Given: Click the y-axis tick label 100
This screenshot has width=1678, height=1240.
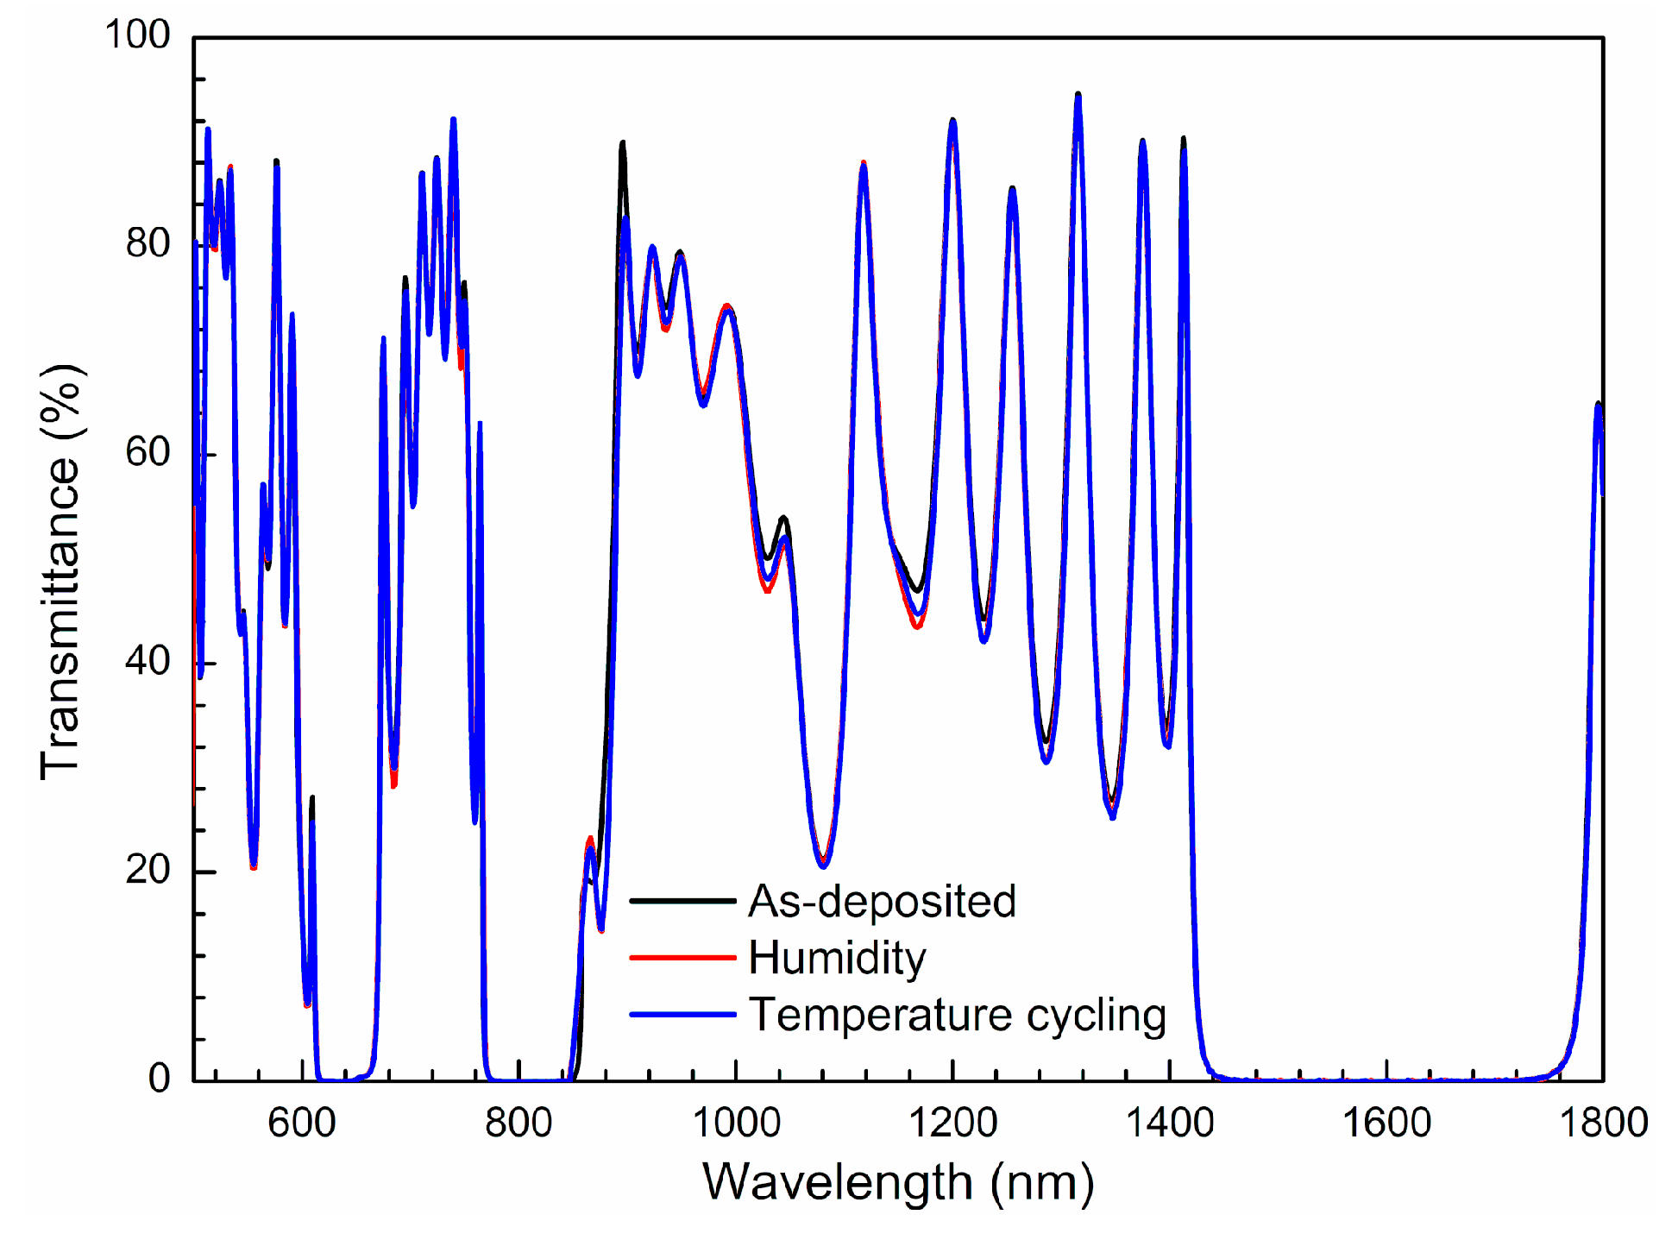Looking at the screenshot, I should click(137, 35).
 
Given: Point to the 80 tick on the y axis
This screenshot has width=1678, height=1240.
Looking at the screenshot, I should click(148, 243).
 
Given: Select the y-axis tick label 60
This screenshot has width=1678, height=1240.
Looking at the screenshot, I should click(148, 452).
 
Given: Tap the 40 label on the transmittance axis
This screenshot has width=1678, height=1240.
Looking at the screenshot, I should click(148, 661).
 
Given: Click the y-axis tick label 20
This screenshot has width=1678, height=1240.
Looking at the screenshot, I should click(148, 870).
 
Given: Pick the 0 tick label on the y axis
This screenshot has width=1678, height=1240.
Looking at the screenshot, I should click(160, 1078).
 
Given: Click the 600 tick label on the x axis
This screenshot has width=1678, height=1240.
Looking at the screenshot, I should click(302, 1124).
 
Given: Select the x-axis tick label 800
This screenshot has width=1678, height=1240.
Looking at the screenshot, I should click(518, 1124).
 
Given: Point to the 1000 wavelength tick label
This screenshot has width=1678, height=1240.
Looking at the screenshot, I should click(736, 1124).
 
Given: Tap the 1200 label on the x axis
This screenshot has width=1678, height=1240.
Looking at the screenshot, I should click(952, 1124).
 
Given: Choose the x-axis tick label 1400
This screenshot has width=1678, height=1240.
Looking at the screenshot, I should click(1170, 1124).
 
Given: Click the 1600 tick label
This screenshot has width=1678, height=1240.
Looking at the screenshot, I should click(1386, 1124).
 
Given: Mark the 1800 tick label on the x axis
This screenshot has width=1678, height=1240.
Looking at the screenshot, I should click(1603, 1124).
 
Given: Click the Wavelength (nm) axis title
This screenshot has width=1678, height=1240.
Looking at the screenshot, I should click(898, 1182).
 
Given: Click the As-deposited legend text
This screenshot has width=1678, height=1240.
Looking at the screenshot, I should click(882, 901).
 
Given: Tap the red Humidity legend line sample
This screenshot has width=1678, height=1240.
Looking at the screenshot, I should click(682, 958).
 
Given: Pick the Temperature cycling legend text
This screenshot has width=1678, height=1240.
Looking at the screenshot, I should click(957, 1015).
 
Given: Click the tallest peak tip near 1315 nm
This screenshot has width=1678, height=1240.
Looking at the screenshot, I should click(1078, 95).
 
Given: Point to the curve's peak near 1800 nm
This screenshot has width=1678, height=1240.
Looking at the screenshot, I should click(1598, 404).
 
